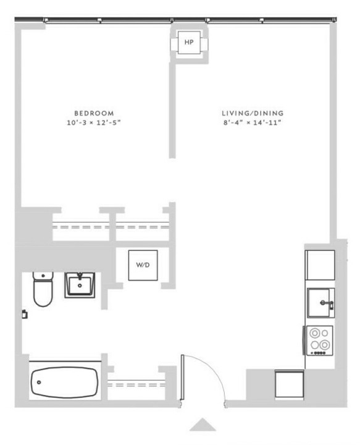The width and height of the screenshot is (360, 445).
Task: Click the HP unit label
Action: (x=189, y=42)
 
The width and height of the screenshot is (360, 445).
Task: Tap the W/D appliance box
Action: (x=143, y=265)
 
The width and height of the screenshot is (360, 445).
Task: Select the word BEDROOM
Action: (x=94, y=113)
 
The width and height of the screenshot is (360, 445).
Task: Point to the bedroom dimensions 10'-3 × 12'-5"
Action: (x=94, y=122)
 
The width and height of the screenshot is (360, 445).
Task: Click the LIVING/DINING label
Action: (x=253, y=113)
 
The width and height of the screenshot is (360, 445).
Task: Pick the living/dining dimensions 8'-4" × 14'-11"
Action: (x=253, y=122)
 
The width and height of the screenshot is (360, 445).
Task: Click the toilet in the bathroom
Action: (x=43, y=289)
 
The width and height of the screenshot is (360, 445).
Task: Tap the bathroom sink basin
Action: (x=80, y=285)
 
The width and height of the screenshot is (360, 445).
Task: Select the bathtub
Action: (x=65, y=383)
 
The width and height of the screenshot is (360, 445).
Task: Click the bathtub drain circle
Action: (x=39, y=383)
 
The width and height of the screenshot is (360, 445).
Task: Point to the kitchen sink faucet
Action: (x=327, y=304)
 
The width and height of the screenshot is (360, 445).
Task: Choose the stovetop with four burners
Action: (x=319, y=341)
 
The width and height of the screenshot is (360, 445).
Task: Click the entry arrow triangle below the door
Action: (x=203, y=425)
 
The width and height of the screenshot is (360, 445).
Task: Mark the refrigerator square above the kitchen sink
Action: (x=320, y=265)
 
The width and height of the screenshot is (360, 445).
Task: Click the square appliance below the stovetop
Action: (x=290, y=384)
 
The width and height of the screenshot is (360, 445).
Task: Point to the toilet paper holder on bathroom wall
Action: (x=25, y=314)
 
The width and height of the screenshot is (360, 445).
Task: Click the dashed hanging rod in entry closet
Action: (x=136, y=385)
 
